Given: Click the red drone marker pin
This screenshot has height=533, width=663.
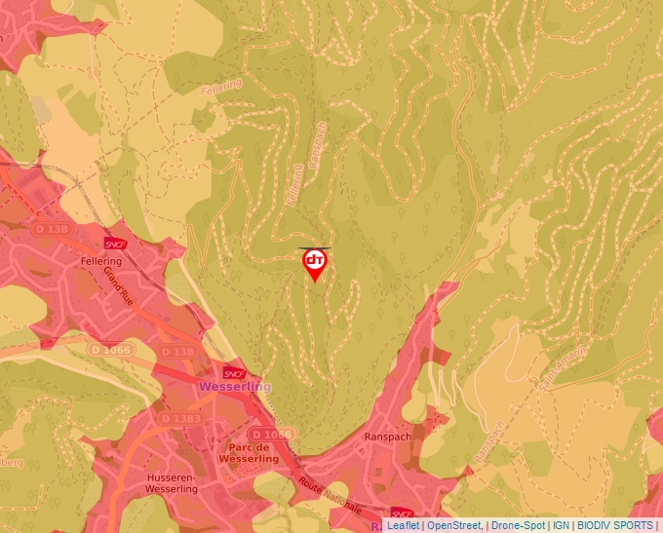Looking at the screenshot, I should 315,264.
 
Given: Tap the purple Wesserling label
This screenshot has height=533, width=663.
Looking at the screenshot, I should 234,387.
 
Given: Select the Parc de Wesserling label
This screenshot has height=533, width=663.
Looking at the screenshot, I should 249,452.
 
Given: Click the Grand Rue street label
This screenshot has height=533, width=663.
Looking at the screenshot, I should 120,285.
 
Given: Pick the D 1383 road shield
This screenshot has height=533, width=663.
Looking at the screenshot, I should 179,418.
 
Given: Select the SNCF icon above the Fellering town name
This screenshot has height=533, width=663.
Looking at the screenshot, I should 114,244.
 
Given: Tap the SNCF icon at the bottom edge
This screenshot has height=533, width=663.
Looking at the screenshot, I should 402,513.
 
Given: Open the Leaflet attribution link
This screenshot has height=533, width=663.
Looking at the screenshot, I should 403,525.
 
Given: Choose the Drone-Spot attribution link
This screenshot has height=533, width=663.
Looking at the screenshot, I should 517,525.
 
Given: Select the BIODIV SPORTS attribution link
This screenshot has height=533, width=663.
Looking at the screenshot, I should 615,525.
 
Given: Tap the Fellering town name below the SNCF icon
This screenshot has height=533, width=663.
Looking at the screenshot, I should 101,262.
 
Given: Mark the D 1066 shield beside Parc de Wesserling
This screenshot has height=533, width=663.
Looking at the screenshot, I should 271,434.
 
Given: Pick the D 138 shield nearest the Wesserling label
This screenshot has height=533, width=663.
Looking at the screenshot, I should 178,351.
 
